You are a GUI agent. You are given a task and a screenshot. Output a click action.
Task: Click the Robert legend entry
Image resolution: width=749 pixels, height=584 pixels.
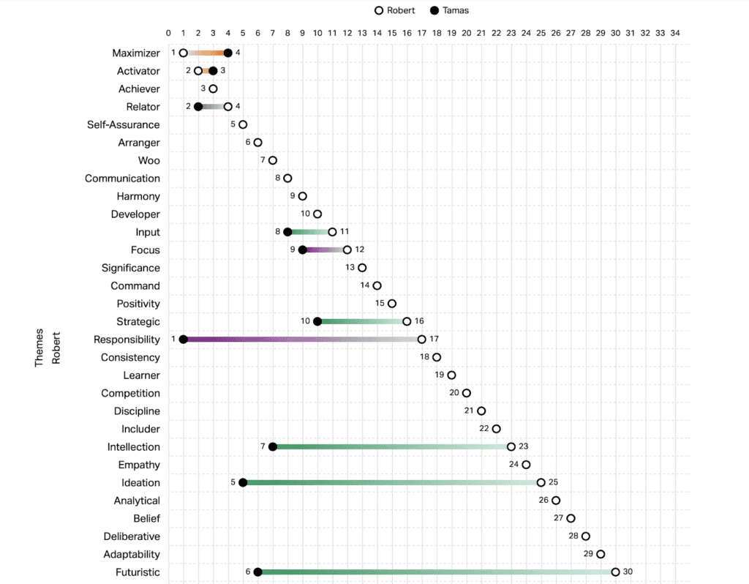click(395, 11)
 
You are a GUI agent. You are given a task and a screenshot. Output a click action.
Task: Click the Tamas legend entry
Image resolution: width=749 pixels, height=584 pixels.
click(449, 11)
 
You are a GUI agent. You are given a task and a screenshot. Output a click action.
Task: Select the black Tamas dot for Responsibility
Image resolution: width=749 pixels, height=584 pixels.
click(184, 340)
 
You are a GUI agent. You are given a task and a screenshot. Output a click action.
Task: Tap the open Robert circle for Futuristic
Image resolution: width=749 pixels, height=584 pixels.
click(615, 572)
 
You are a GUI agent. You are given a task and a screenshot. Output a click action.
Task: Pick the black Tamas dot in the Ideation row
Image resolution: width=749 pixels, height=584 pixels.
click(243, 483)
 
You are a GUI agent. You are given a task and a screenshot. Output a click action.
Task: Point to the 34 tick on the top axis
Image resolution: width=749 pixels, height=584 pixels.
click(675, 33)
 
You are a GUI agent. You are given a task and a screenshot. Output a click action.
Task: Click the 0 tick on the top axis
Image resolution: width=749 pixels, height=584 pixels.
click(169, 33)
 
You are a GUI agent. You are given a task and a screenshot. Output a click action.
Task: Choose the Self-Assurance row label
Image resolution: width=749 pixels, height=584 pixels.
click(123, 124)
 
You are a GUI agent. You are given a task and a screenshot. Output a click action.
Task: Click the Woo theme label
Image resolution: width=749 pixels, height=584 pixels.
click(148, 160)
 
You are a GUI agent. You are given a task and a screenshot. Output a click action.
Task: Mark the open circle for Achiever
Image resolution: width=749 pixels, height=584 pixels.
click(213, 89)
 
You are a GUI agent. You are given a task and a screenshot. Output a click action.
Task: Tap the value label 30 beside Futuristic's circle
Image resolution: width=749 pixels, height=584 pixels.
click(628, 572)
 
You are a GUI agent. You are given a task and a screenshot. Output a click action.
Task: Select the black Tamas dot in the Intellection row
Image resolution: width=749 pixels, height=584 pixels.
click(273, 447)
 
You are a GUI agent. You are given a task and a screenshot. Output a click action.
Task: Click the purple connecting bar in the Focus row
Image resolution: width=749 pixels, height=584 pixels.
click(325, 250)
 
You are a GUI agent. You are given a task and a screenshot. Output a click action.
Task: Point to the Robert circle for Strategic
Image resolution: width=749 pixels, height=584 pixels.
click(407, 321)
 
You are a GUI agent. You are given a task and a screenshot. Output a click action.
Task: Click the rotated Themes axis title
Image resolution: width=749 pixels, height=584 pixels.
click(39, 348)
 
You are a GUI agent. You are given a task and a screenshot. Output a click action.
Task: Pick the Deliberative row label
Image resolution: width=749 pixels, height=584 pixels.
click(132, 536)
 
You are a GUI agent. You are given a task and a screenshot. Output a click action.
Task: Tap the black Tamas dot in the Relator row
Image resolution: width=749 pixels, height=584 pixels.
click(198, 107)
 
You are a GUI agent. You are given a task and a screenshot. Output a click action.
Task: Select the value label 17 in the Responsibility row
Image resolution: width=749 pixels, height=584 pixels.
click(434, 340)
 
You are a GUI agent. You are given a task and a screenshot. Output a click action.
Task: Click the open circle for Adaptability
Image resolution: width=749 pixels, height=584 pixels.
click(601, 554)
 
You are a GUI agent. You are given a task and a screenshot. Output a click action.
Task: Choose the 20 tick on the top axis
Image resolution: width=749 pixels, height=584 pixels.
click(467, 33)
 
